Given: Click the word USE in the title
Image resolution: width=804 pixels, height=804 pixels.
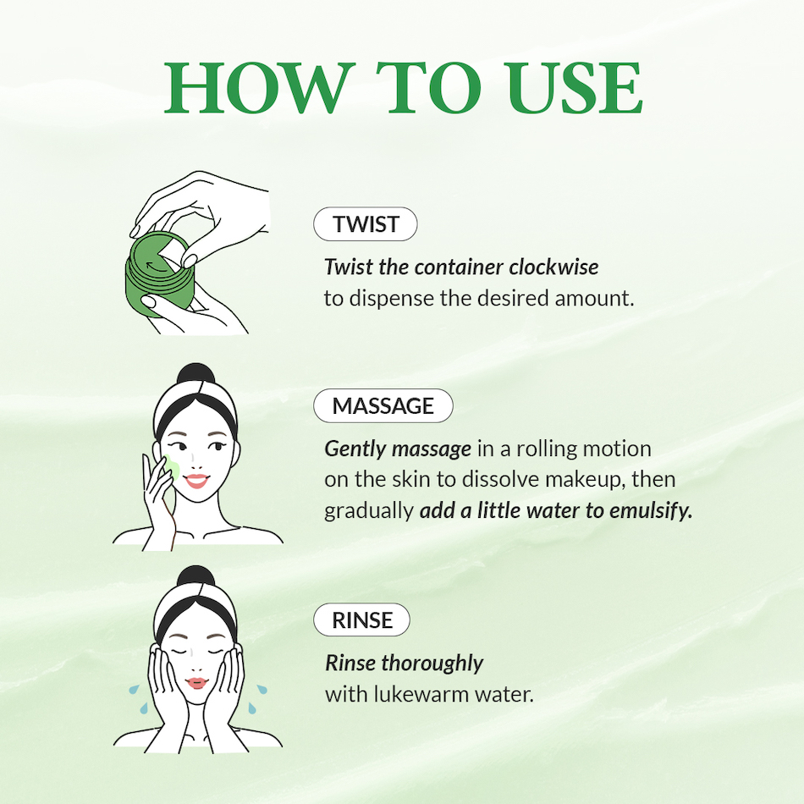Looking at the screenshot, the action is click(573, 88).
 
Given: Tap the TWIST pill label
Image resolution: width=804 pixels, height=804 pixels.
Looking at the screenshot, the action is click(365, 224).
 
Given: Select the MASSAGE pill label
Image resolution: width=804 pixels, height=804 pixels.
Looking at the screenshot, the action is click(383, 405).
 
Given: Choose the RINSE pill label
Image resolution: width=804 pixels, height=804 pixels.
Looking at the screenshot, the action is click(361, 620).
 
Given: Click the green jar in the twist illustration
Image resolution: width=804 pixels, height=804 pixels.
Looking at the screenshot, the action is click(159, 274).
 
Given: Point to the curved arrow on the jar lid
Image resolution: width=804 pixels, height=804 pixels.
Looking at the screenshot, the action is click(157, 267).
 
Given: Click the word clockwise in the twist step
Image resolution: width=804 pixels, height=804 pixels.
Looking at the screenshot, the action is click(553, 267).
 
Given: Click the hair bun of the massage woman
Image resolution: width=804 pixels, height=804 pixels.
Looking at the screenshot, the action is click(195, 374).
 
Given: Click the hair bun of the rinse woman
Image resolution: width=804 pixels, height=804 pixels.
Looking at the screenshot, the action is click(195, 576).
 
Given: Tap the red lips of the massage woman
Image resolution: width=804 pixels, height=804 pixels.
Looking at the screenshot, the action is click(196, 481).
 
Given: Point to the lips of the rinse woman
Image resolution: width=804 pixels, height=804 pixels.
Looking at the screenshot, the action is click(196, 683).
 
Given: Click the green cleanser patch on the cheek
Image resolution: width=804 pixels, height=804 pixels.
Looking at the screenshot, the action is click(172, 469).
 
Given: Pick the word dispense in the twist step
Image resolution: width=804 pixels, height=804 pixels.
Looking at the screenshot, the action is click(391, 299).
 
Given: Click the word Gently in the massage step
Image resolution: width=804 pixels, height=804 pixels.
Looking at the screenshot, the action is click(355, 449).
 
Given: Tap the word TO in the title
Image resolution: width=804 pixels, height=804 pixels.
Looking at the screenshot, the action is click(429, 88).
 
